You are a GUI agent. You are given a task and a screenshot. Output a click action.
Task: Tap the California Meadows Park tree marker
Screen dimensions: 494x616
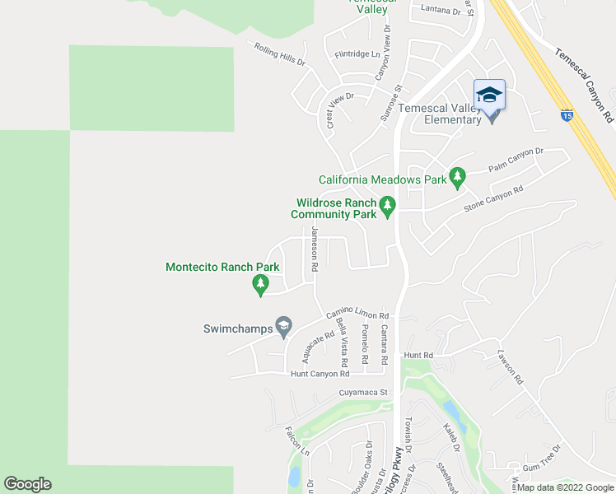457,177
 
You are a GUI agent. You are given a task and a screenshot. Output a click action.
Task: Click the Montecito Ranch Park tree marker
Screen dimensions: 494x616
261,285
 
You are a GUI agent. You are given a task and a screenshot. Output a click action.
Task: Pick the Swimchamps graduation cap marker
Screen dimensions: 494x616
284,327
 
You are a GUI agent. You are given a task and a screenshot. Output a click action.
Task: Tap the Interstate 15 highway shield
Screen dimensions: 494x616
567,116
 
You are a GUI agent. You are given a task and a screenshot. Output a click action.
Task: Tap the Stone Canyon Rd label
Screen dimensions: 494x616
493,199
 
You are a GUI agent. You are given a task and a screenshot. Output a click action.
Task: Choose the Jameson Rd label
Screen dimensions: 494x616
314,250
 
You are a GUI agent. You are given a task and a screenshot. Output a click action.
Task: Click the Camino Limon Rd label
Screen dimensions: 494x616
357,312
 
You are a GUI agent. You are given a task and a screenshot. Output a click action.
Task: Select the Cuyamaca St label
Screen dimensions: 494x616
362,393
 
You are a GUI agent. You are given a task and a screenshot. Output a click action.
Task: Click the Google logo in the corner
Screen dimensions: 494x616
27,484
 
